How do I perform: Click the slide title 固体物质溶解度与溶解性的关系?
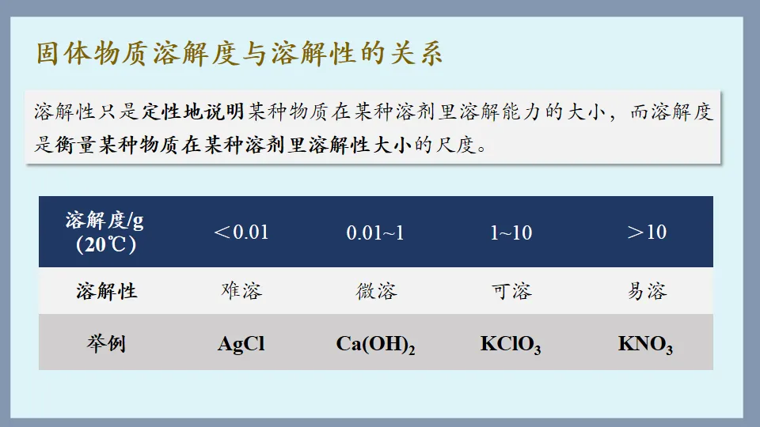click(240, 54)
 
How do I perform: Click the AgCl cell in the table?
click(241, 344)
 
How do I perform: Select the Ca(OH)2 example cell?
click(375, 344)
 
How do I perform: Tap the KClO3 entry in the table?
click(511, 344)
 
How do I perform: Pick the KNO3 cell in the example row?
click(645, 344)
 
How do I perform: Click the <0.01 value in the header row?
click(241, 232)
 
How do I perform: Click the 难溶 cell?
click(241, 291)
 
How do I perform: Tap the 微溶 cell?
click(376, 291)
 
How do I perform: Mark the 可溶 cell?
click(511, 291)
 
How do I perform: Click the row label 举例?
click(106, 344)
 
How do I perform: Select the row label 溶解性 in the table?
click(107, 291)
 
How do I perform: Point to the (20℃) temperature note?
click(106, 244)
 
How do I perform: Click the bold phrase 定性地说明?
click(192, 111)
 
